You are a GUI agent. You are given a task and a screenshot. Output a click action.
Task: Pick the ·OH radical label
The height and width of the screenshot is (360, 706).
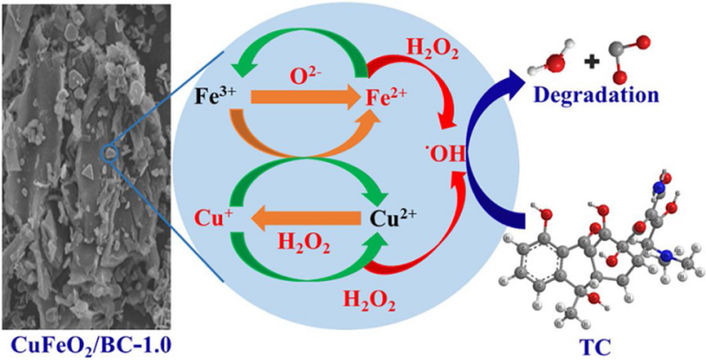(445, 154)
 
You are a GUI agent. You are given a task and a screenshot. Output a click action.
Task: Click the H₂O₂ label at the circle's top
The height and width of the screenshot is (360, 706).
(433, 50)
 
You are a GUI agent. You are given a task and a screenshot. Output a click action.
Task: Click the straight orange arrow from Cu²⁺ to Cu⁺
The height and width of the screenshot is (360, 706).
(306, 220)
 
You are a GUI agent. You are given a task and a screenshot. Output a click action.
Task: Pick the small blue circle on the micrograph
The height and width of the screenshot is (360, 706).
(110, 153)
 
